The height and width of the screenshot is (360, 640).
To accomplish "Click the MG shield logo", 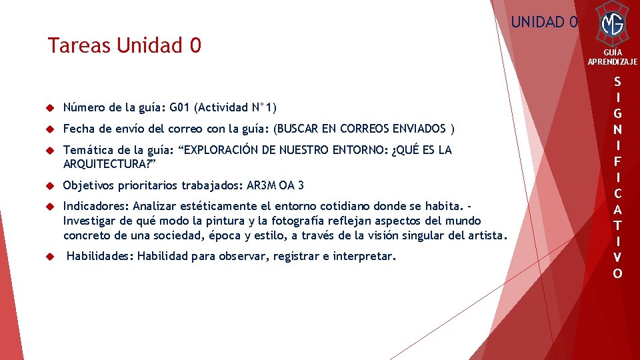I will (612, 25).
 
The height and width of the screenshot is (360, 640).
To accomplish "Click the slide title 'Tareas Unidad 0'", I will (124, 46).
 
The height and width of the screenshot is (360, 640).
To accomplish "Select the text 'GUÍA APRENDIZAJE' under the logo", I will (612, 57).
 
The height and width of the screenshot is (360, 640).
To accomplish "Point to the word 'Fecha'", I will (78, 129).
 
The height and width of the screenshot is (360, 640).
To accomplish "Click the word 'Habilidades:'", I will (99, 257).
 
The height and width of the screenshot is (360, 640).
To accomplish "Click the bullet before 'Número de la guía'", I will (49, 108).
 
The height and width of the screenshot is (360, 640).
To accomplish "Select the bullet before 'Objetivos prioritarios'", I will (49, 185).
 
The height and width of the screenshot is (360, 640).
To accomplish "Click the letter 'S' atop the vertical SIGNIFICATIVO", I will (617, 82).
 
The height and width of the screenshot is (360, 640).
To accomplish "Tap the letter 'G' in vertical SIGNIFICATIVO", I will (617, 113).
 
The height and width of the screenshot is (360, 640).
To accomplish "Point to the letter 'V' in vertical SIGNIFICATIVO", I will (617, 257).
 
